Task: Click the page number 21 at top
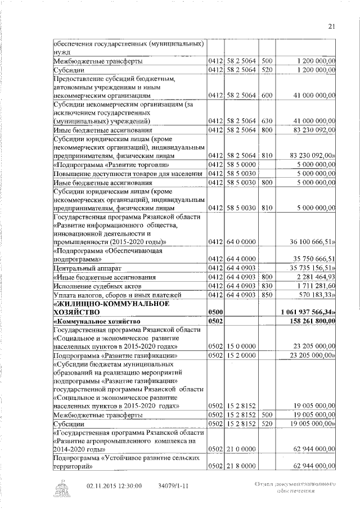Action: pos(331,25)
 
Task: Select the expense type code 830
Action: pos(267,286)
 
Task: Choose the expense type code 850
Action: pos(267,295)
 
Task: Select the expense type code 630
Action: pos(267,121)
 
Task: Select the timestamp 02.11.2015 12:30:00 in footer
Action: pos(114,485)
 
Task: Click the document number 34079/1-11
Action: pos(174,485)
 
